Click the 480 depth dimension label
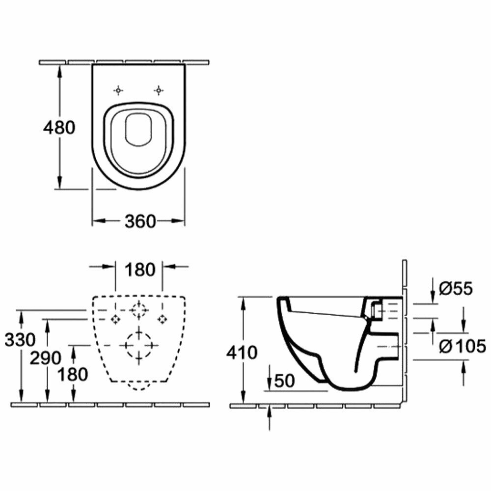click(x=59, y=128)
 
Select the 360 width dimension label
click(x=140, y=221)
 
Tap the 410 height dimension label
click(x=242, y=352)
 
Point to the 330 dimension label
click(x=20, y=339)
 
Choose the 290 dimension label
click(x=46, y=358)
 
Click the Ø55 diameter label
click(x=455, y=288)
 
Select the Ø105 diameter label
click(x=462, y=346)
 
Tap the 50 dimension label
click(x=285, y=381)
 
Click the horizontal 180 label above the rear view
click(x=139, y=270)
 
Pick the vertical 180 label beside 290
click(x=73, y=375)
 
